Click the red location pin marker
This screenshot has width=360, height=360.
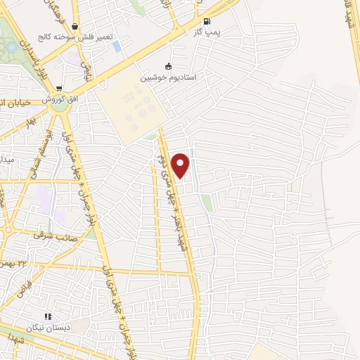pyautogui.click(x=181, y=165)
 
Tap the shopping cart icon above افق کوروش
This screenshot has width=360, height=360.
pyautogui.click(x=60, y=89)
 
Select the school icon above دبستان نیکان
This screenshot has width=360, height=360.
pyautogui.click(x=48, y=318)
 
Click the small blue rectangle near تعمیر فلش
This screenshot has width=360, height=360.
pyautogui.click(x=117, y=47)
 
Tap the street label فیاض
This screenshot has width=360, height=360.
pyautogui.click(x=21, y=287)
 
